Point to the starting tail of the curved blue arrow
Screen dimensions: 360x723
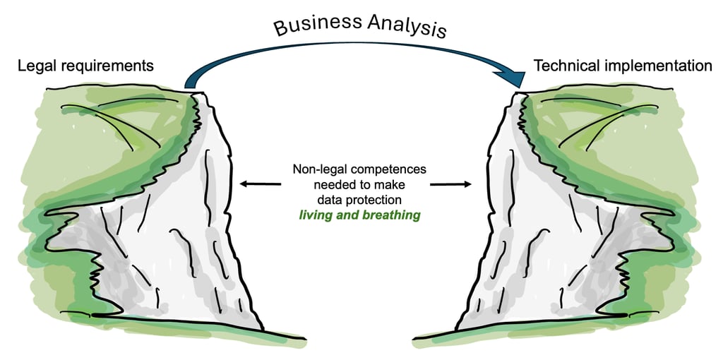(190, 83)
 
